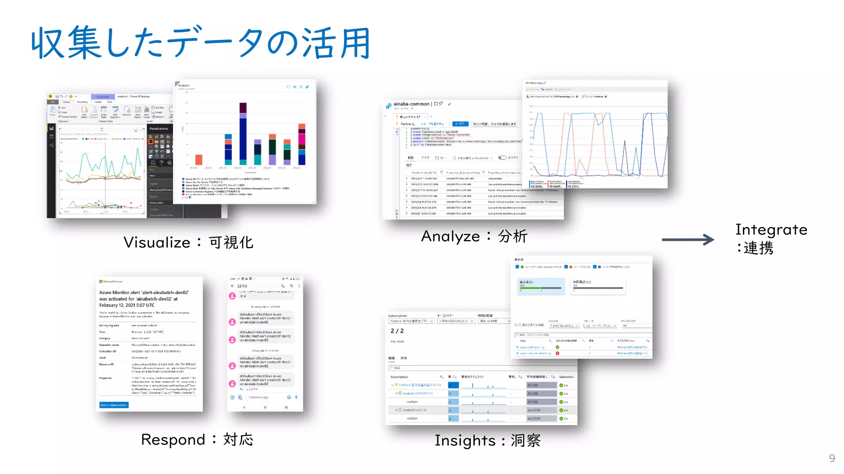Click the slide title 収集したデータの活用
[x=201, y=43]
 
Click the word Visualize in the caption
[x=157, y=243]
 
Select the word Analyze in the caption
[x=450, y=237]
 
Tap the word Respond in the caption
[x=173, y=440]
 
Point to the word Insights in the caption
[x=465, y=441]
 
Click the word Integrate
[x=771, y=230]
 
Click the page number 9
[x=832, y=458]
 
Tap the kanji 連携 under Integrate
[x=758, y=248]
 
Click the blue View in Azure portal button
[x=114, y=405]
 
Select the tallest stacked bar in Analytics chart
[x=243, y=132]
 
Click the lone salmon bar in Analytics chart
[x=199, y=160]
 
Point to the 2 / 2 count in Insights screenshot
[x=397, y=331]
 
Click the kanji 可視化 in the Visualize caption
[x=231, y=243]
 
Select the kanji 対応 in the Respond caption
[x=238, y=440]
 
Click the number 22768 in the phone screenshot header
[x=242, y=286]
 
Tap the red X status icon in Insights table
[x=558, y=353]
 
